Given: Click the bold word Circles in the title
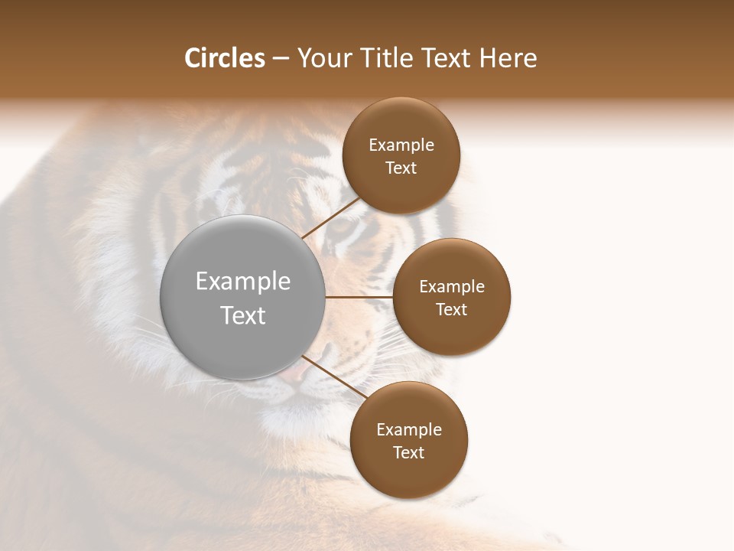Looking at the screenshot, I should click(225, 58).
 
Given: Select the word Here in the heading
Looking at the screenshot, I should click(508, 58).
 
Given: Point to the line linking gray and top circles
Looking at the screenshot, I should click(330, 218).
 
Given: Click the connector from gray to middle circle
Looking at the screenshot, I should click(359, 297).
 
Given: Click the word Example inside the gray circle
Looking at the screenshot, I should click(243, 282).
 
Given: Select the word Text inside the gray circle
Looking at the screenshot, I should click(243, 315).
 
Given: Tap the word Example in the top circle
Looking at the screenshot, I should click(401, 145).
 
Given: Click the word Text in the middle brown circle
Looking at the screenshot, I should click(452, 310).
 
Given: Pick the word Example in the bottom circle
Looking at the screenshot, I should click(409, 430).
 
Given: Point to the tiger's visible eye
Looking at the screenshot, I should click(344, 227).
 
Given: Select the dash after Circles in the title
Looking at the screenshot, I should click(281, 59).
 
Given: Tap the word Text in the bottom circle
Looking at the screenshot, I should click(409, 453).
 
